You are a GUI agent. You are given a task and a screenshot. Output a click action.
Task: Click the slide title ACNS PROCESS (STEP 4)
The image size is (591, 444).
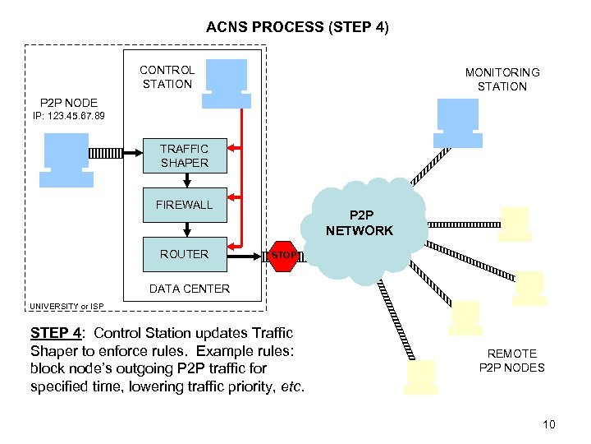(297, 27)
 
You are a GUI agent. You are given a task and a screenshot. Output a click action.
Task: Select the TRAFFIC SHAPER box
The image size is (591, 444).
(184, 156)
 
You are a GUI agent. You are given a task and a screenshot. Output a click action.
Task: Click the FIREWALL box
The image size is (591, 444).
(184, 205)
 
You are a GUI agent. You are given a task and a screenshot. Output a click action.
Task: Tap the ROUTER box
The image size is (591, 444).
(184, 254)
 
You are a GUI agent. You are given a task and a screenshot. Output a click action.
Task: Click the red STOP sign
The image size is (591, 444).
(284, 255)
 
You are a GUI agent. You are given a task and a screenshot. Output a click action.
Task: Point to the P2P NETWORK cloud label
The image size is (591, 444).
(360, 224)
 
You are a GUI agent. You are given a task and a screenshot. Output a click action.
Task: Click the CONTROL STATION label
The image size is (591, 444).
(167, 76)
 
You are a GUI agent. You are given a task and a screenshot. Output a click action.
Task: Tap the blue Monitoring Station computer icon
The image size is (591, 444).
(458, 121)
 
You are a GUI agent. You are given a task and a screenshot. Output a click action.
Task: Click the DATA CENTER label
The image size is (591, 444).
(189, 289)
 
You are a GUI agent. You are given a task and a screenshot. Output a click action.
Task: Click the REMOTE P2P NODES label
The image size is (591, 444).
(511, 360)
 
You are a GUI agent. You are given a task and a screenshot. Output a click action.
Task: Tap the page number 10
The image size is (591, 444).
(548, 424)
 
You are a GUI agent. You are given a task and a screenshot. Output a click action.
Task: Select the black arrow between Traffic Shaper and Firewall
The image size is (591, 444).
(189, 179)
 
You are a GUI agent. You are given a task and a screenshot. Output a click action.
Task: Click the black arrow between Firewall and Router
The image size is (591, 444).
(189, 228)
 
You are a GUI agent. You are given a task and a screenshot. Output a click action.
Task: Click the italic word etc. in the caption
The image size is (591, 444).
(291, 385)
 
